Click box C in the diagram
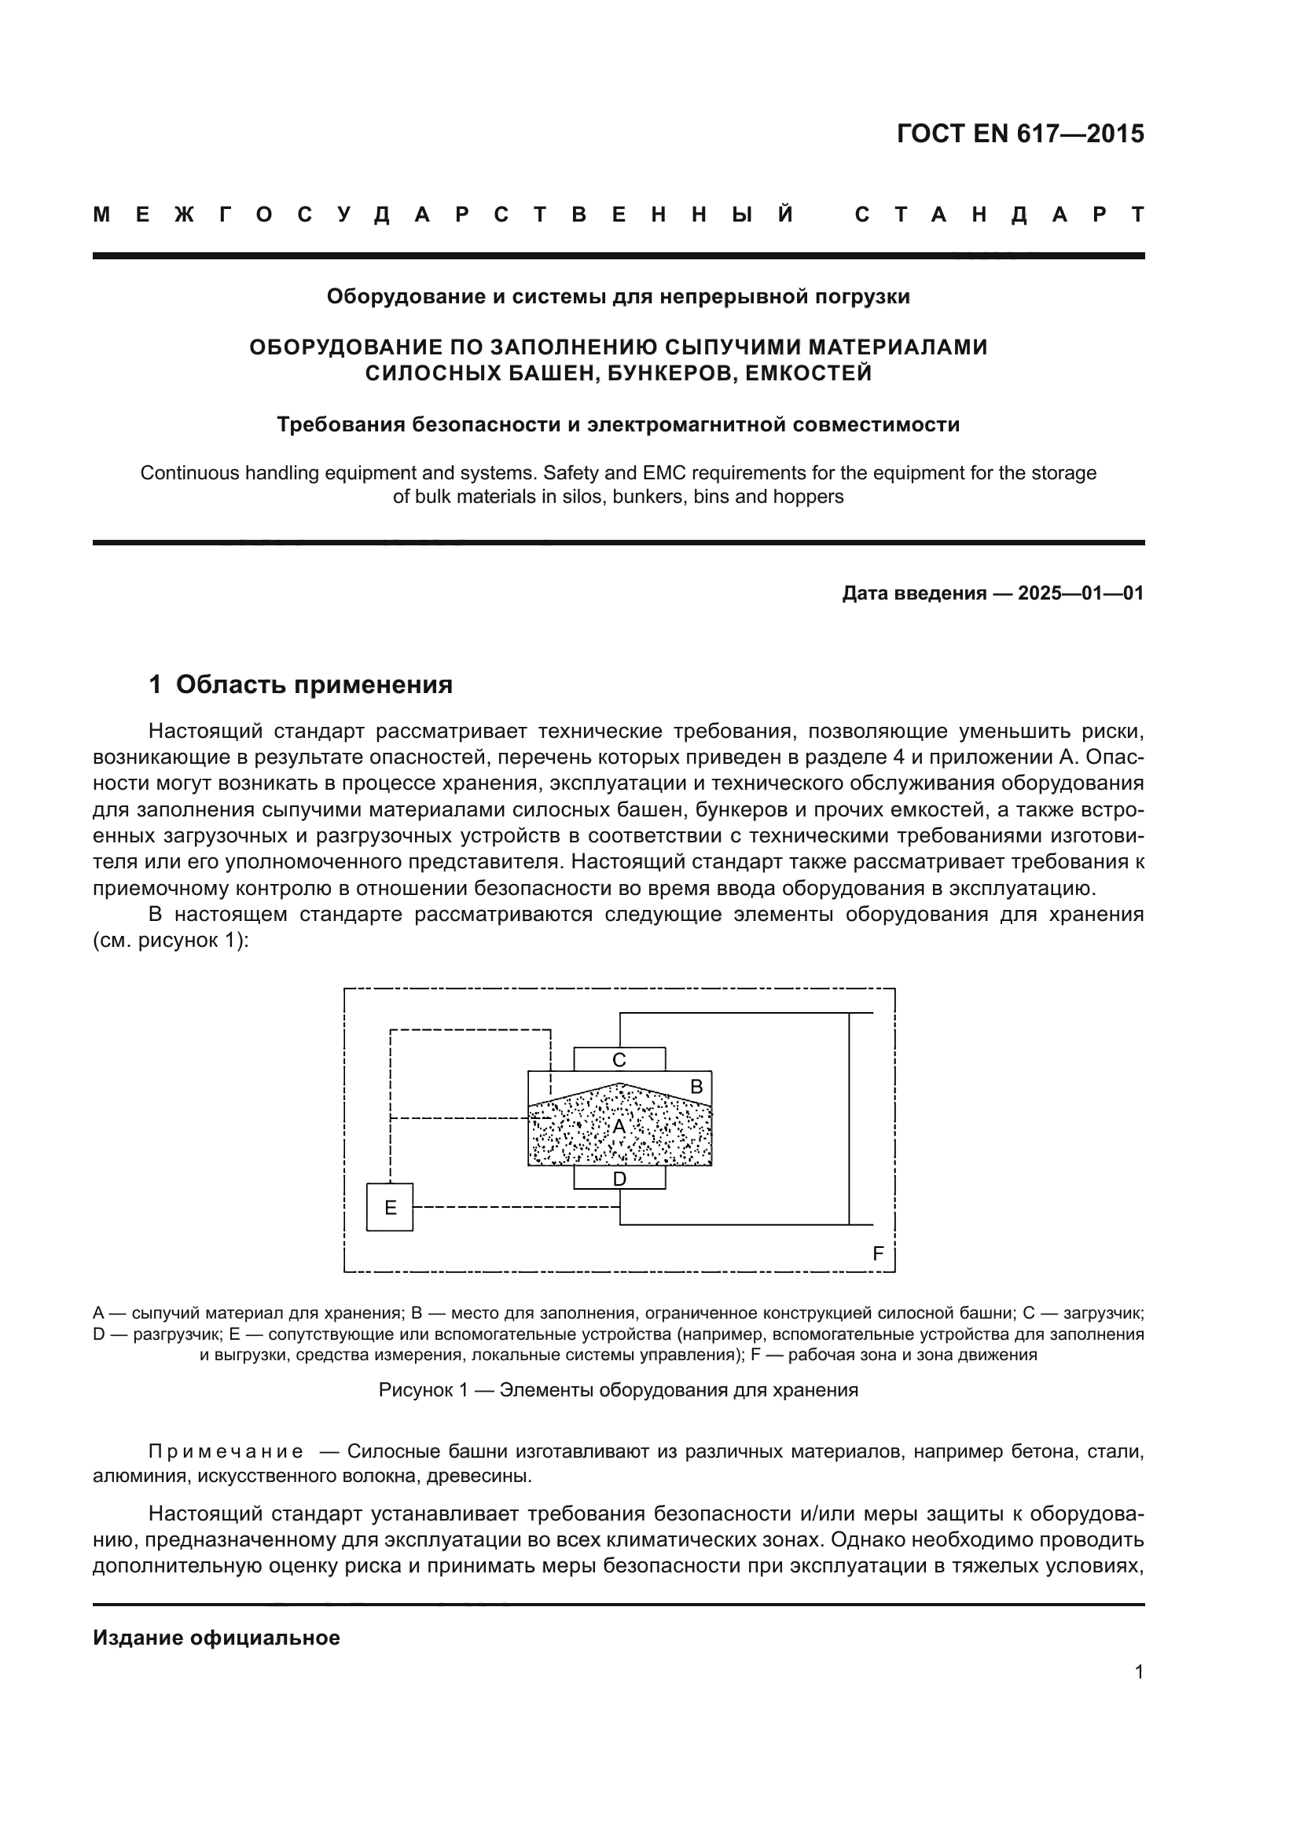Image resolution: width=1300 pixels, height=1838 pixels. pyautogui.click(x=619, y=1059)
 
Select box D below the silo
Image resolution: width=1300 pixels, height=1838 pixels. pyautogui.click(x=619, y=1178)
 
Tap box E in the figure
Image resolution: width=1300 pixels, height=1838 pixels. pyautogui.click(x=390, y=1207)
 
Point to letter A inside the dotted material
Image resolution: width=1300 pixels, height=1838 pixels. pyautogui.click(x=619, y=1126)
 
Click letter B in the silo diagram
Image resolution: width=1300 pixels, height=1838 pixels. pyautogui.click(x=696, y=1086)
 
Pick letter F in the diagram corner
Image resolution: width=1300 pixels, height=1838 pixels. pyautogui.click(x=877, y=1253)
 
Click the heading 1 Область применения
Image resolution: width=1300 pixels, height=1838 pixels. pyautogui.click(x=301, y=684)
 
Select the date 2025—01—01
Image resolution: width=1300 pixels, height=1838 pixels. pyautogui.click(x=1081, y=593)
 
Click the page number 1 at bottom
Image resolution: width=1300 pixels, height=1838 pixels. pyautogui.click(x=1138, y=1671)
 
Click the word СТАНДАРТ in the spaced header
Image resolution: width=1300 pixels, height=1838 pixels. pyautogui.click(x=999, y=215)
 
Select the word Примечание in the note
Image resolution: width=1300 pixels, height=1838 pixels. pyautogui.click(x=226, y=1451)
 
